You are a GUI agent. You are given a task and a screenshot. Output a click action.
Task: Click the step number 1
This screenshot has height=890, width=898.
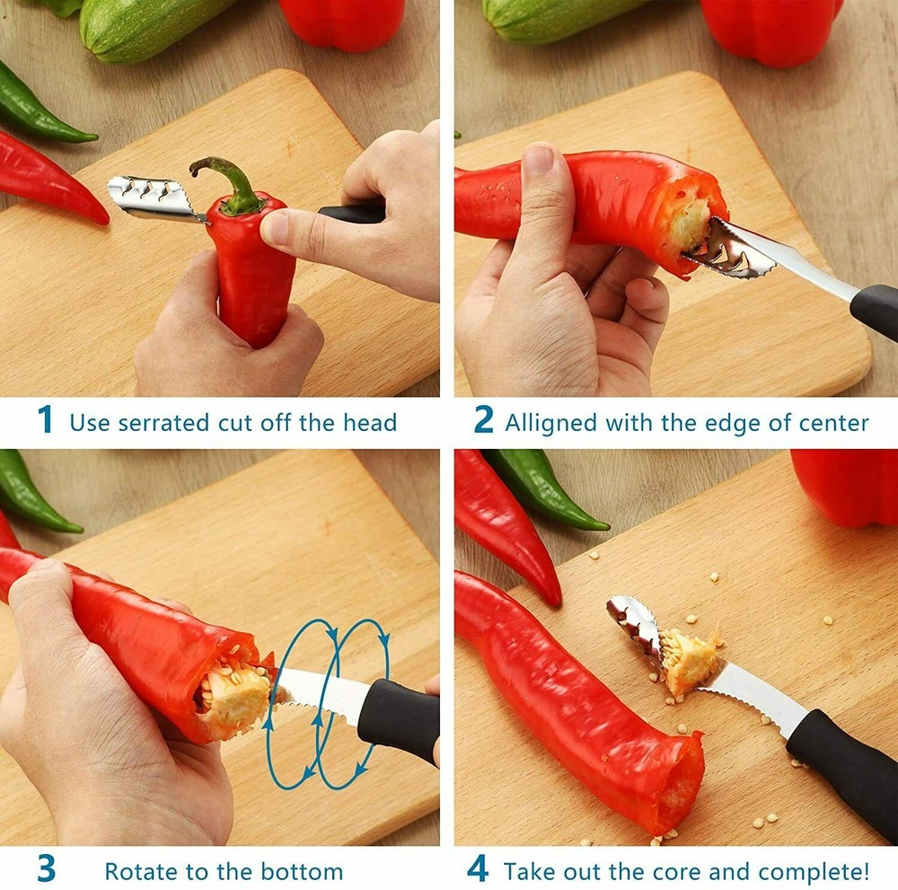(x=45, y=420)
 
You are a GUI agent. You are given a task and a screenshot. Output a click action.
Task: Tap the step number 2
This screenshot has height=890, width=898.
(x=484, y=420)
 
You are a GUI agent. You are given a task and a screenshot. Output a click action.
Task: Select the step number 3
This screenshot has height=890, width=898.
(x=46, y=869)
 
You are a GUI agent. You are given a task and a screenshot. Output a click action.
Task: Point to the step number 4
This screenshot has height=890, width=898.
(x=479, y=869)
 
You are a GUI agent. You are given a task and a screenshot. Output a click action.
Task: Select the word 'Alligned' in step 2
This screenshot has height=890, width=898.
(x=546, y=422)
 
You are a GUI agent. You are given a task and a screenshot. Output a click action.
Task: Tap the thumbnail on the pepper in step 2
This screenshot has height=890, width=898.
(x=539, y=160)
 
